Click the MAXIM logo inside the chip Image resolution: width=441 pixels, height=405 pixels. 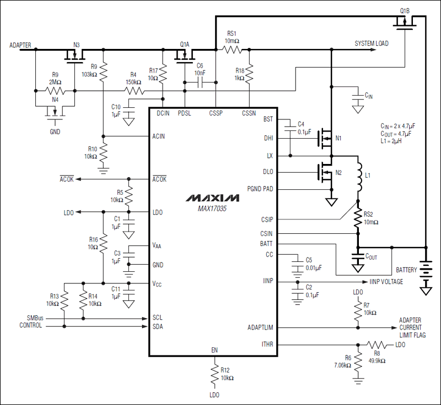212,198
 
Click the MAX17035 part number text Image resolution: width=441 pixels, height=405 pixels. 212,208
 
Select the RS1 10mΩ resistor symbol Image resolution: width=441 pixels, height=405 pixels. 232,50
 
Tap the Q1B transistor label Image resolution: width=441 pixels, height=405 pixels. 405,10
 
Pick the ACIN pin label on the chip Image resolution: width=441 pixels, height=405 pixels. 159,136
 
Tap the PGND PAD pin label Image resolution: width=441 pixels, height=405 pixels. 260,189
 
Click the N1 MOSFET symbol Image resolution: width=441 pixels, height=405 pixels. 325,139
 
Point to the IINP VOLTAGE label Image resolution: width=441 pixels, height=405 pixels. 386,282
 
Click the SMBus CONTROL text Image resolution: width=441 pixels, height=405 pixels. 31,321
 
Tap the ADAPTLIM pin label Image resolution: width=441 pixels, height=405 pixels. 260,327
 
